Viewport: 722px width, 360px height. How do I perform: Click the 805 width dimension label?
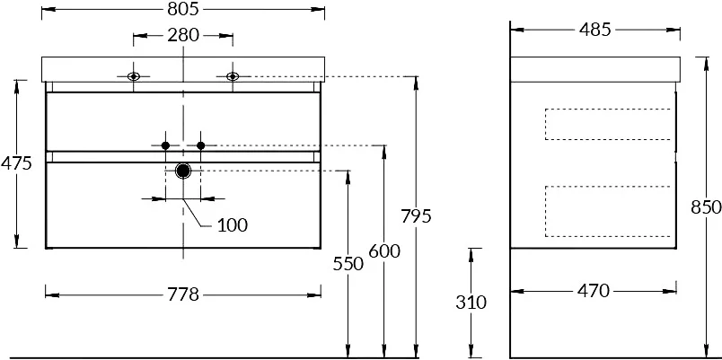coord(182,9)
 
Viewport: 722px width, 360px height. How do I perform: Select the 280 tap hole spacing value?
coord(183,37)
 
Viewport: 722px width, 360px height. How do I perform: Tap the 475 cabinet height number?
coord(16,163)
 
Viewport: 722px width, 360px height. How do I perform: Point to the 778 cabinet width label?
coord(182,294)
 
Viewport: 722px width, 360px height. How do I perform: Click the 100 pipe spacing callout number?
coord(232,224)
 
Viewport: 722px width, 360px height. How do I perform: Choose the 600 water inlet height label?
coord(383,252)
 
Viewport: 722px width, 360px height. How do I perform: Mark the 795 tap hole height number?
coord(417,215)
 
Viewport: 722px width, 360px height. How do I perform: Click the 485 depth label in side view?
coord(594,30)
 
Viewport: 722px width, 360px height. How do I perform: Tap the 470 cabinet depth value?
coord(593,290)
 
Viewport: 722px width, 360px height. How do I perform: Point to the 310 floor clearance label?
coord(471,303)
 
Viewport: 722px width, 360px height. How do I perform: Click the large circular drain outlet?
coord(183,171)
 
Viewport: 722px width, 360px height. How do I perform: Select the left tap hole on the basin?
coord(134,76)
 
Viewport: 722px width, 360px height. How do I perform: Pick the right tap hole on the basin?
coord(232,76)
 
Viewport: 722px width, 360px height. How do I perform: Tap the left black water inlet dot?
coord(165,145)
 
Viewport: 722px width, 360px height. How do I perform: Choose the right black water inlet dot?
coord(201,145)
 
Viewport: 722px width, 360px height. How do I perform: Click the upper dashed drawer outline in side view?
coord(609,124)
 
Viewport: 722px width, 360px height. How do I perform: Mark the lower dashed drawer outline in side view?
coord(609,211)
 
